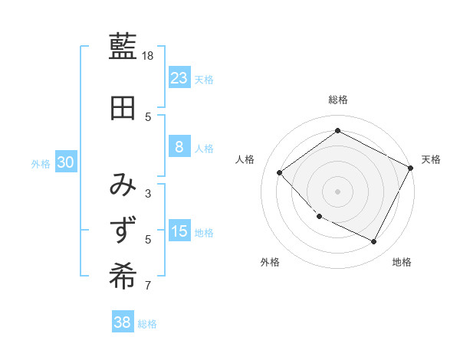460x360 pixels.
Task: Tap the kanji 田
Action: [123, 108]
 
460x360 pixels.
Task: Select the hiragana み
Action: [123, 185]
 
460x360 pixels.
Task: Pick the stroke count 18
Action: [149, 56]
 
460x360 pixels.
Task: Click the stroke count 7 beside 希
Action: [148, 286]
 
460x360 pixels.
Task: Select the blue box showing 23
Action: [179, 77]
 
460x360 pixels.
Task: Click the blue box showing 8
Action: [179, 147]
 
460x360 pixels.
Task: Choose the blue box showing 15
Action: [179, 231]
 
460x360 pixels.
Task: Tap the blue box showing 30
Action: [65, 162]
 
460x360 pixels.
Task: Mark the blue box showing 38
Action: [122, 322]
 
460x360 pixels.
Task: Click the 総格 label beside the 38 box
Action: [147, 324]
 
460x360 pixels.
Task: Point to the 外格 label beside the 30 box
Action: [41, 164]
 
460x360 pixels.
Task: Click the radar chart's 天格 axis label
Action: [431, 159]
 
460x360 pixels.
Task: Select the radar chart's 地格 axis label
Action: [402, 262]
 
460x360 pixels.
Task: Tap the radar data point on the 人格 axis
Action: [280, 172]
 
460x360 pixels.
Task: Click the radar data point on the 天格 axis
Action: [411, 168]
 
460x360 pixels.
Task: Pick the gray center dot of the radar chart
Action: [337, 191]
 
